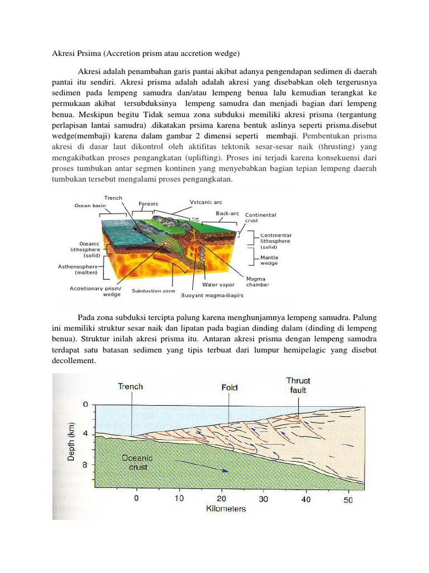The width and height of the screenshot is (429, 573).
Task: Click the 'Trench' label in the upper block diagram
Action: click(113, 198)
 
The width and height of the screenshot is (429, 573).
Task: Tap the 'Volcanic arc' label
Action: click(200, 202)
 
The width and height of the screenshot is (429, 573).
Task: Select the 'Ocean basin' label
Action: click(90, 206)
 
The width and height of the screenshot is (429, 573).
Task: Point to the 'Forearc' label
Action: click(149, 204)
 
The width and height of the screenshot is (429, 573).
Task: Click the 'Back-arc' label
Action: click(227, 213)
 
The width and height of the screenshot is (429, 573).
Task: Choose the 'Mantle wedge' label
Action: click(269, 260)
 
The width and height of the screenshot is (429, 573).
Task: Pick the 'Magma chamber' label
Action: click(257, 281)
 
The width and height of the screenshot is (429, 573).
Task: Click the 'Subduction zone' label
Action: click(154, 290)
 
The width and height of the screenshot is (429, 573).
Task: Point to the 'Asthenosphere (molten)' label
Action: click(78, 270)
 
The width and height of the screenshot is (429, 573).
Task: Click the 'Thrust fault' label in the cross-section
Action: click(298, 385)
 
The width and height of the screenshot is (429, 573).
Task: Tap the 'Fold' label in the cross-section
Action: click(230, 386)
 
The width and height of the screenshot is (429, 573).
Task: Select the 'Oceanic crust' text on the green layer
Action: click(137, 462)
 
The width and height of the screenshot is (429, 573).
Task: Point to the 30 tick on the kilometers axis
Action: click(264, 499)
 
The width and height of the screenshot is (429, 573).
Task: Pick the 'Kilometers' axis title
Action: click(226, 509)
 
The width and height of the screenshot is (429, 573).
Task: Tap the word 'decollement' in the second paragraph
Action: click(74, 361)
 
